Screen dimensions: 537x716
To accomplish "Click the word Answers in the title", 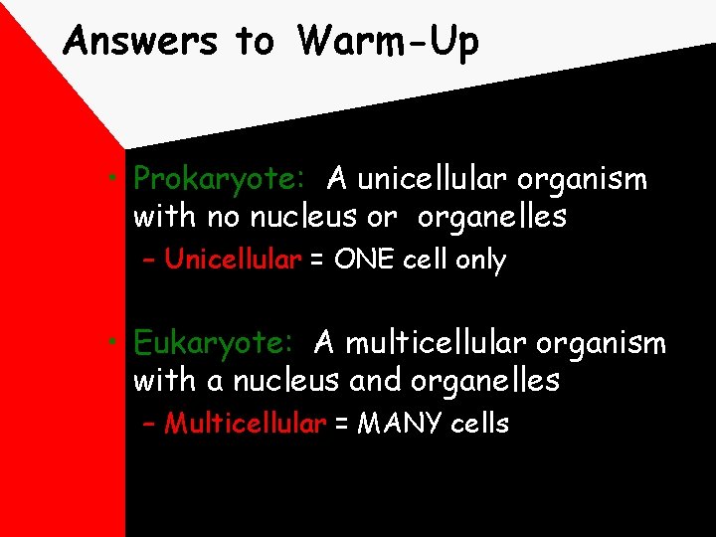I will click(139, 42).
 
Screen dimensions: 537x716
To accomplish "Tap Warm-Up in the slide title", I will click(388, 42).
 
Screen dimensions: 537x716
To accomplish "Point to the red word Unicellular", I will click(233, 261).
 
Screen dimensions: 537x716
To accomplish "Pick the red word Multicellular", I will click(245, 424).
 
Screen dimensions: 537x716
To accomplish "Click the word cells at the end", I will click(479, 424).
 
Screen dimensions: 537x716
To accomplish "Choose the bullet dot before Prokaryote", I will click(116, 180).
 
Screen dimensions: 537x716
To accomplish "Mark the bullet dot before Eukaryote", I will click(116, 343).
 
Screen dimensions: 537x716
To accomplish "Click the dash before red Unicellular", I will click(150, 262).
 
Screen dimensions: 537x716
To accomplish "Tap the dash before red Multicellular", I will click(150, 425).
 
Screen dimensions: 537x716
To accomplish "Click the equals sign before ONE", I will click(317, 262).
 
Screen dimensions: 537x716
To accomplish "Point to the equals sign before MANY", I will click(341, 425).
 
